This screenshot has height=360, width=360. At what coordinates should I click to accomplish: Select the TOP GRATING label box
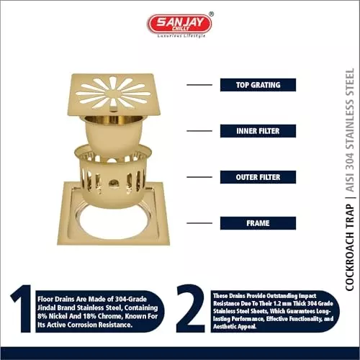[x=258, y=85]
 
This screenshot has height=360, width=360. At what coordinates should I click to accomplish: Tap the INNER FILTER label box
[x=258, y=131]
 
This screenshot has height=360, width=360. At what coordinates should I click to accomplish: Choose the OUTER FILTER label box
[x=258, y=177]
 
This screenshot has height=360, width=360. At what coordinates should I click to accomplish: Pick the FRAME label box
[x=258, y=223]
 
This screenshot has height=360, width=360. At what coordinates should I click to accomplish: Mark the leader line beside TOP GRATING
[x=199, y=85]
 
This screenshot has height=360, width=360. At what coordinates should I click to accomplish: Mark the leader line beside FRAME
[x=199, y=223]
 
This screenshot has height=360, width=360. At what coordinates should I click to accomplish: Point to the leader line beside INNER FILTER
[x=199, y=131]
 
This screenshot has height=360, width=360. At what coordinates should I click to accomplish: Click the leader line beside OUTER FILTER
[x=199, y=177]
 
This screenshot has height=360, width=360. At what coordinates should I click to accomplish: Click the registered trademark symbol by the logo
[x=210, y=14]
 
